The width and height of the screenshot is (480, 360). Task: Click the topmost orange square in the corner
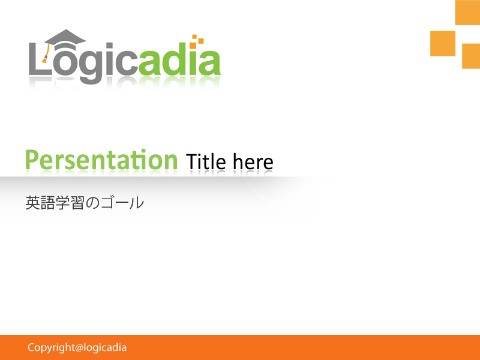[x=467, y=12]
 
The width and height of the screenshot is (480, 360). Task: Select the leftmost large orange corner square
[x=443, y=43]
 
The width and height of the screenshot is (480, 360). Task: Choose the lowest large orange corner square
[x=471, y=56]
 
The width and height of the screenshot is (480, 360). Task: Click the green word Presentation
[x=101, y=161]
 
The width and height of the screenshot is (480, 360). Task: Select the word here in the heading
[x=253, y=162]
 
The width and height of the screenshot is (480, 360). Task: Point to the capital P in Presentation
[x=32, y=160]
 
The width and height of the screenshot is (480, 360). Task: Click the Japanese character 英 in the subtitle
[x=32, y=203]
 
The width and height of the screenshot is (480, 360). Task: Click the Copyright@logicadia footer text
[x=77, y=347]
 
